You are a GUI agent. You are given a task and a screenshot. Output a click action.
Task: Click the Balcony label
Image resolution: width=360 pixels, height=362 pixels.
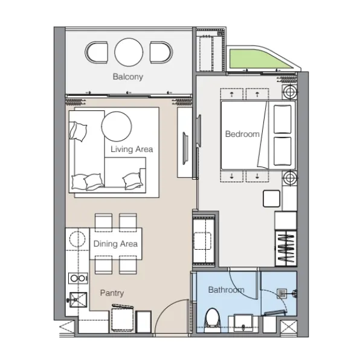(128, 77)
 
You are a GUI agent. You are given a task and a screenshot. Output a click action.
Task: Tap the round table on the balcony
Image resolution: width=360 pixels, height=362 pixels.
(129, 52)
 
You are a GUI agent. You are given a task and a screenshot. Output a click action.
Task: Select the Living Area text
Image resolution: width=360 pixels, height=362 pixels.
(132, 149)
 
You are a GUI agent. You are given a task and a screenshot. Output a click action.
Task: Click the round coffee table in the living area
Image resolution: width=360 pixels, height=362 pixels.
(117, 126)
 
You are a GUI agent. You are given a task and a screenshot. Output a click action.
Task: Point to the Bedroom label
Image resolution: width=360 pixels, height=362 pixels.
(242, 134)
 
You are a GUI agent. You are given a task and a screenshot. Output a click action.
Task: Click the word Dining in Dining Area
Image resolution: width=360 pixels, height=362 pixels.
(105, 244)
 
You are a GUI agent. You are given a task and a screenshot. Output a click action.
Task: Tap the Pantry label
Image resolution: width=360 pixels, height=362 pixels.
(112, 293)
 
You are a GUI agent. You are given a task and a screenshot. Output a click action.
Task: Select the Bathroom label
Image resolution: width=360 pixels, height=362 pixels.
(227, 290)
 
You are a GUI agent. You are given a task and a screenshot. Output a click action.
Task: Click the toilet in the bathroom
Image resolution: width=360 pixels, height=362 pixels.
(213, 320)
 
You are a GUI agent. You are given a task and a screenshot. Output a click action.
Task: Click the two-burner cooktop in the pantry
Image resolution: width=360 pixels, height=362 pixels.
(78, 278)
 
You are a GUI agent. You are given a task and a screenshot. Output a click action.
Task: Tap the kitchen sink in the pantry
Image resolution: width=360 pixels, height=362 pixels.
(78, 300)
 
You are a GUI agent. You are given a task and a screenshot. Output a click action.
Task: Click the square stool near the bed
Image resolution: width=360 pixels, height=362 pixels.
(271, 198)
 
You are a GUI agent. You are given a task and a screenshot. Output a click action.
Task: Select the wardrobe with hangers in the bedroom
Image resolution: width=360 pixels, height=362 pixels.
(286, 248)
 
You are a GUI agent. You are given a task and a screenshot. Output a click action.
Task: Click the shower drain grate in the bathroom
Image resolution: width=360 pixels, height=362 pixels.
(282, 293)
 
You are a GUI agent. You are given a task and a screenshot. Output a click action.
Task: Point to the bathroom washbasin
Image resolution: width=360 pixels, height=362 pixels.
(243, 323)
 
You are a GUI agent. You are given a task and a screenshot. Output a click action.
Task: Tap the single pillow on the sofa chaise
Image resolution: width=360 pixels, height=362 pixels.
(78, 131)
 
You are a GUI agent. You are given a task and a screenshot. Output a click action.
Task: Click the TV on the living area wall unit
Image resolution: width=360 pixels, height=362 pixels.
(185, 148)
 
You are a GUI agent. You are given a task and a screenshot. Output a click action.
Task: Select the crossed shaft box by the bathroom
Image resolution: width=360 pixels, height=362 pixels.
(288, 327)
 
